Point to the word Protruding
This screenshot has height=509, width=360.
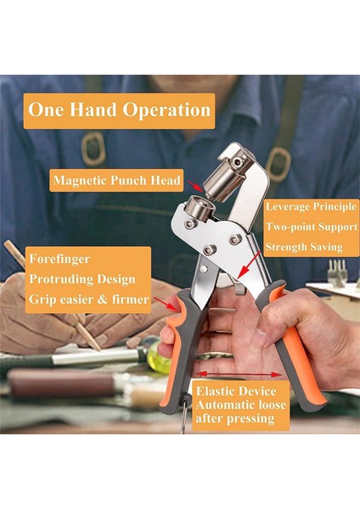coord(59,278)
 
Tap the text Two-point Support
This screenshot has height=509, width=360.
coord(304,227)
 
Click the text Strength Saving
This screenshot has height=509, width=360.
coord(303,247)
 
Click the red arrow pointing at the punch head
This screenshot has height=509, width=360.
coord(195,184)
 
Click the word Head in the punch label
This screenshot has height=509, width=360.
coord(166,180)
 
